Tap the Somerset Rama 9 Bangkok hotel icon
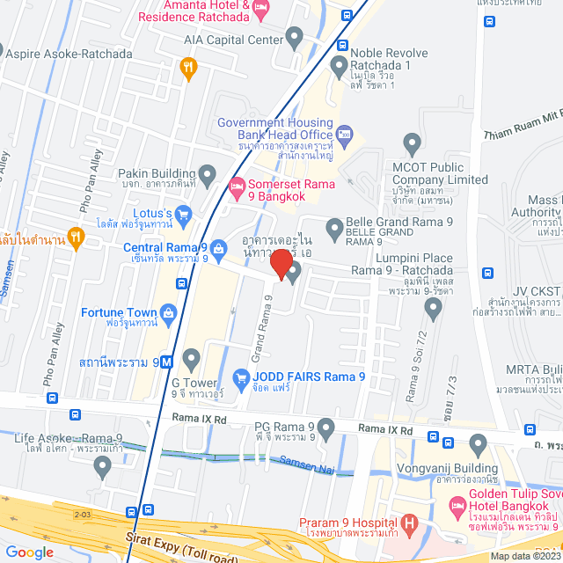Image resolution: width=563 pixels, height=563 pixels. (x=236, y=186)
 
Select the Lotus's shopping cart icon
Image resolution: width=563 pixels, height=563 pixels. (x=183, y=213)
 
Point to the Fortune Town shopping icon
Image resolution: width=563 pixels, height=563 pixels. (x=168, y=312)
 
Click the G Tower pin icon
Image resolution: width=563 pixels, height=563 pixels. (x=192, y=357)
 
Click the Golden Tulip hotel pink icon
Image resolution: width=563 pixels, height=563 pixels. (x=457, y=508)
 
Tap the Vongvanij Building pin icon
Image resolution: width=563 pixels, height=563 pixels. (x=478, y=443)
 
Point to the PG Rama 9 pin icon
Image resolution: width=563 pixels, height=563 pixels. (x=326, y=429)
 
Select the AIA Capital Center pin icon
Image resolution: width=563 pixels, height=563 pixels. (x=295, y=36)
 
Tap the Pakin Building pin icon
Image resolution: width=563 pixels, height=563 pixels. (x=208, y=172)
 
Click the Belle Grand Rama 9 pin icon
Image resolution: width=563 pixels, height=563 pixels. (x=334, y=230)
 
